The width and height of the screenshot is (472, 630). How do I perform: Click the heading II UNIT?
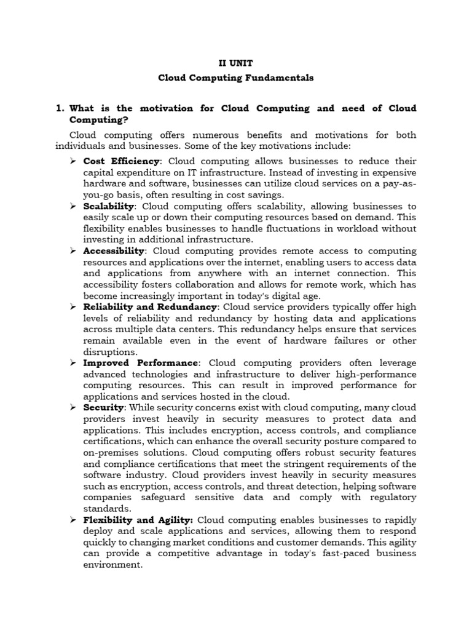pyautogui.click(x=236, y=63)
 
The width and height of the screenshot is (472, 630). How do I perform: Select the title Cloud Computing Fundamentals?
pyautogui.click(x=236, y=78)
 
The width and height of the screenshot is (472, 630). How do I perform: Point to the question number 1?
pyautogui.click(x=60, y=108)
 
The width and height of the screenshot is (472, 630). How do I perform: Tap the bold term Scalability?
pyautogui.click(x=108, y=206)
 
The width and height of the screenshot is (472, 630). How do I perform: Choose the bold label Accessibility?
pyautogui.click(x=114, y=251)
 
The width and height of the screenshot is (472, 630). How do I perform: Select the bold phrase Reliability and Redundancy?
pyautogui.click(x=150, y=307)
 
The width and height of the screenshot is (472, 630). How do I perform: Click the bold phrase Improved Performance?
pyautogui.click(x=141, y=363)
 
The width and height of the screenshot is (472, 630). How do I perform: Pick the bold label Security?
pyautogui.click(x=104, y=408)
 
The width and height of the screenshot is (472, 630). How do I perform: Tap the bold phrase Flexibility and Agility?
pyautogui.click(x=138, y=520)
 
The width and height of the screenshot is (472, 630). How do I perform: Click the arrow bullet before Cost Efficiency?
pyautogui.click(x=73, y=161)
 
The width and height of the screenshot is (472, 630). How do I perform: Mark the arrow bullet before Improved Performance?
pyautogui.click(x=73, y=363)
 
